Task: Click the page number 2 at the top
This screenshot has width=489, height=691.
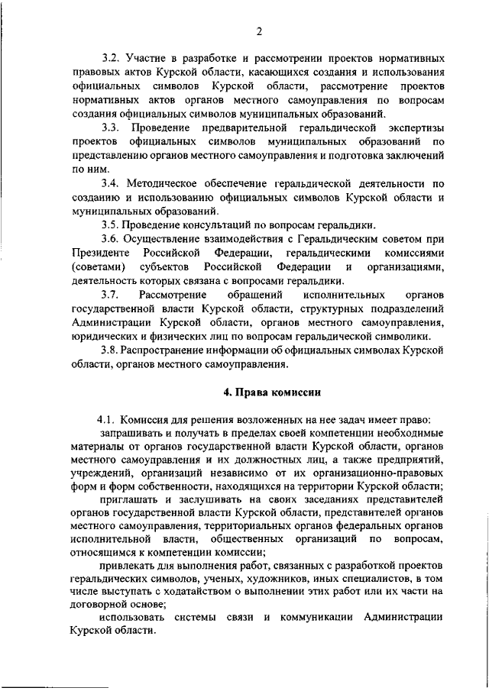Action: click(x=259, y=31)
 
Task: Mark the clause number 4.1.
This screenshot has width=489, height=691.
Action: click(x=106, y=419)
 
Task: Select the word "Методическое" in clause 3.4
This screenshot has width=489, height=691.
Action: click(x=166, y=183)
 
